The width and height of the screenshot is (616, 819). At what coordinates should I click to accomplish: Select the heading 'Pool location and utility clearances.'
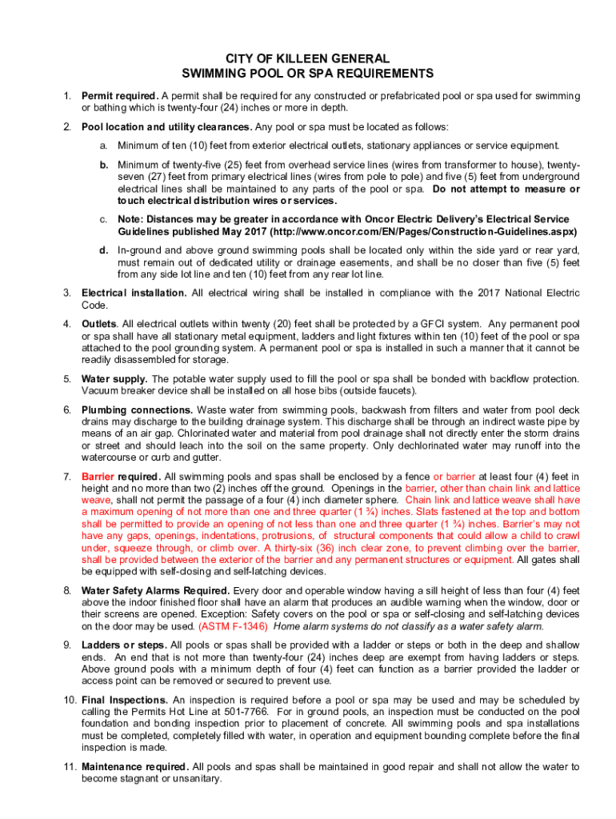(x=167, y=126)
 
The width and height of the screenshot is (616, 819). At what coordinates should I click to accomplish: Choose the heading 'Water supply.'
(x=114, y=378)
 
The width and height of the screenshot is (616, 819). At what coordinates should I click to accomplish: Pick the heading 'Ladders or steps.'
(x=124, y=645)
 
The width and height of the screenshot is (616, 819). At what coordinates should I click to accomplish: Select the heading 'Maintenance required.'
(x=135, y=766)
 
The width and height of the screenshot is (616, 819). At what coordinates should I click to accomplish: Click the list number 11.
(x=69, y=766)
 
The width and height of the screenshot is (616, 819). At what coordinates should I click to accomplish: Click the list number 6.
(x=67, y=409)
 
